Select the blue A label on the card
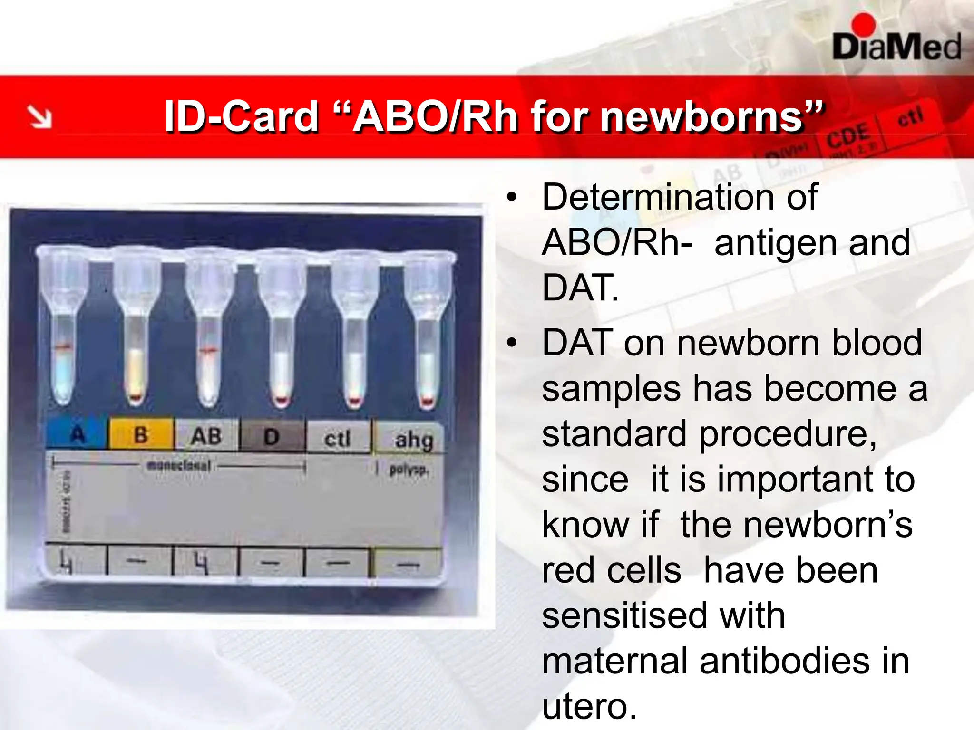(77, 434)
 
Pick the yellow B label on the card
(141, 435)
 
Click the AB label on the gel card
(206, 436)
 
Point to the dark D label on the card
(272, 437)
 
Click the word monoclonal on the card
(179, 465)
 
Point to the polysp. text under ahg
(408, 470)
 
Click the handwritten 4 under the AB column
(202, 563)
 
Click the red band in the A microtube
(63, 348)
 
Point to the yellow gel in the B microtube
(136, 371)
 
